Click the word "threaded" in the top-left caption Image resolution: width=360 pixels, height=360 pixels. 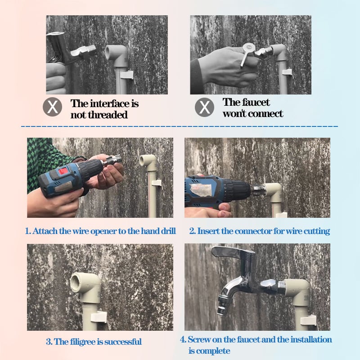tap(107, 115)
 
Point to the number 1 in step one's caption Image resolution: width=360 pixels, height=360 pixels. tap(27, 231)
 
